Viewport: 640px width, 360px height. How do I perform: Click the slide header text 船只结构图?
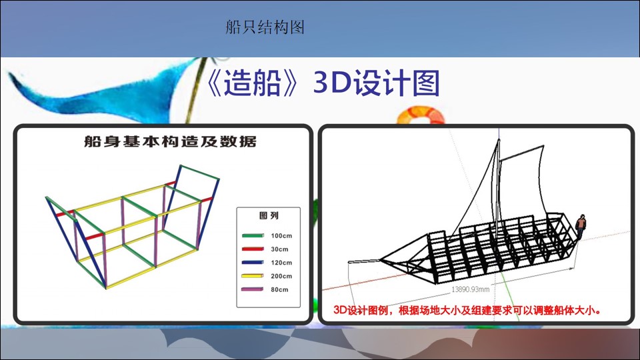pyautogui.click(x=265, y=27)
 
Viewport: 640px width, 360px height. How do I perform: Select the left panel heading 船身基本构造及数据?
pyautogui.click(x=170, y=141)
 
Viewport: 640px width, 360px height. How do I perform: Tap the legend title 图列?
pyautogui.click(x=269, y=215)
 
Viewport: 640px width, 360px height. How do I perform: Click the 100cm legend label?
pyautogui.click(x=281, y=236)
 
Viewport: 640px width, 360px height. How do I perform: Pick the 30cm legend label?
pyautogui.click(x=279, y=249)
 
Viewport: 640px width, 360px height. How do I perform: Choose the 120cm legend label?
pyautogui.click(x=281, y=263)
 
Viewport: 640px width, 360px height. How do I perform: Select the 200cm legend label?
pyautogui.click(x=281, y=276)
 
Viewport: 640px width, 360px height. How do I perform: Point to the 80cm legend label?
pyautogui.click(x=279, y=290)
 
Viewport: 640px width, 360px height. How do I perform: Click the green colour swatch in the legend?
pyautogui.click(x=253, y=235)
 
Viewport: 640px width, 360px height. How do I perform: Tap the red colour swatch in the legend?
pyautogui.click(x=253, y=249)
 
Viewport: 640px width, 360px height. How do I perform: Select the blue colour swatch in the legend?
pyautogui.click(x=253, y=263)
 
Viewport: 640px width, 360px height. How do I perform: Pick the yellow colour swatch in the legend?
pyautogui.click(x=253, y=276)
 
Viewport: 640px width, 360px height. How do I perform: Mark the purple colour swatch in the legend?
pyautogui.click(x=253, y=289)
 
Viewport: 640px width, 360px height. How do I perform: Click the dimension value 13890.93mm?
pyautogui.click(x=470, y=289)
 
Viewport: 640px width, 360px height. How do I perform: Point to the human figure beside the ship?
pyautogui.click(x=581, y=227)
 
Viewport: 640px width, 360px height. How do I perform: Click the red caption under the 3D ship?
pyautogui.click(x=467, y=311)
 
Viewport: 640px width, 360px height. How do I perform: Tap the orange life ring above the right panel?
pyautogui.click(x=421, y=115)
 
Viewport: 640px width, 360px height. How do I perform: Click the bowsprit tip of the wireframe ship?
pyautogui.click(x=349, y=261)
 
